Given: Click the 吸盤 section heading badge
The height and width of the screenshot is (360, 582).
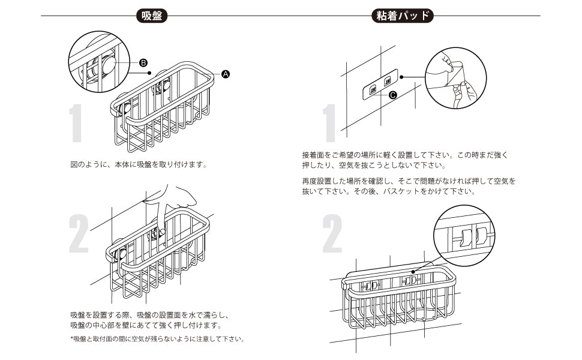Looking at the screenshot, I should point(151,16).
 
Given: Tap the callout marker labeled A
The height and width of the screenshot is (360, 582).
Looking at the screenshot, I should point(226,74).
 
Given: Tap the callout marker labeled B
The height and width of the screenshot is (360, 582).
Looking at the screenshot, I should point(143,62).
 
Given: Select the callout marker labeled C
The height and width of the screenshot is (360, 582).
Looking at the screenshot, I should point(393,95).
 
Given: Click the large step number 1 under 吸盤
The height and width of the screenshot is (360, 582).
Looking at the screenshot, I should point(76,124).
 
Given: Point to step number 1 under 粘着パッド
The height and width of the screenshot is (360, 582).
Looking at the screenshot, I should point(329,124).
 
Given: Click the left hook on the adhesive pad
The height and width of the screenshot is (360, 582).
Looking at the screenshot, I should point(373,89).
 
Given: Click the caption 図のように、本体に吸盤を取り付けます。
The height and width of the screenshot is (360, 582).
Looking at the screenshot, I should point(139,163).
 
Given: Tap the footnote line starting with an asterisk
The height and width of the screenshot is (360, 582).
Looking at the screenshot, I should point(157,339).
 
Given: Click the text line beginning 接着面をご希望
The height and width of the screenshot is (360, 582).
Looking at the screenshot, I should point(405,154).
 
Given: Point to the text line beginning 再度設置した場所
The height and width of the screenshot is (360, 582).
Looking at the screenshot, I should point(409,181).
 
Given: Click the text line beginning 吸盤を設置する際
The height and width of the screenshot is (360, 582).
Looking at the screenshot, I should point(149,314).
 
